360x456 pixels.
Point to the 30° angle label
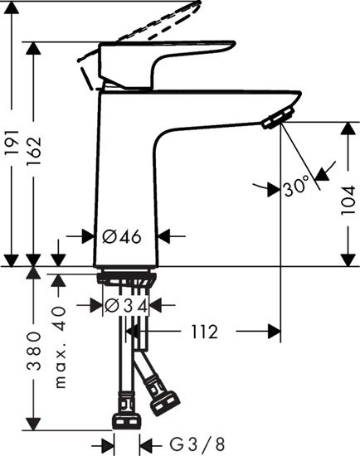pos(296,187)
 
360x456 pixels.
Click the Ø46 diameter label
pos(122,236)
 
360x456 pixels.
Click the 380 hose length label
pos(34,352)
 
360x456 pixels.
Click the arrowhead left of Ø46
pos(94,236)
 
